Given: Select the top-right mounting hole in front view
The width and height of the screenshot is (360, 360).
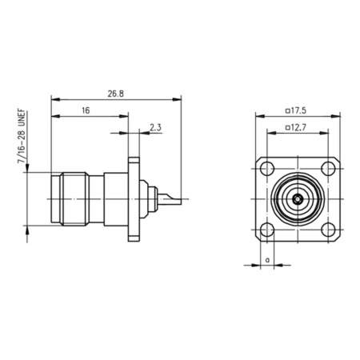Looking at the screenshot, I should coord(326,169).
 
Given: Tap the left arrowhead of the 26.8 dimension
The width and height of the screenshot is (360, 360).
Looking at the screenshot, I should coord(53,99).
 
